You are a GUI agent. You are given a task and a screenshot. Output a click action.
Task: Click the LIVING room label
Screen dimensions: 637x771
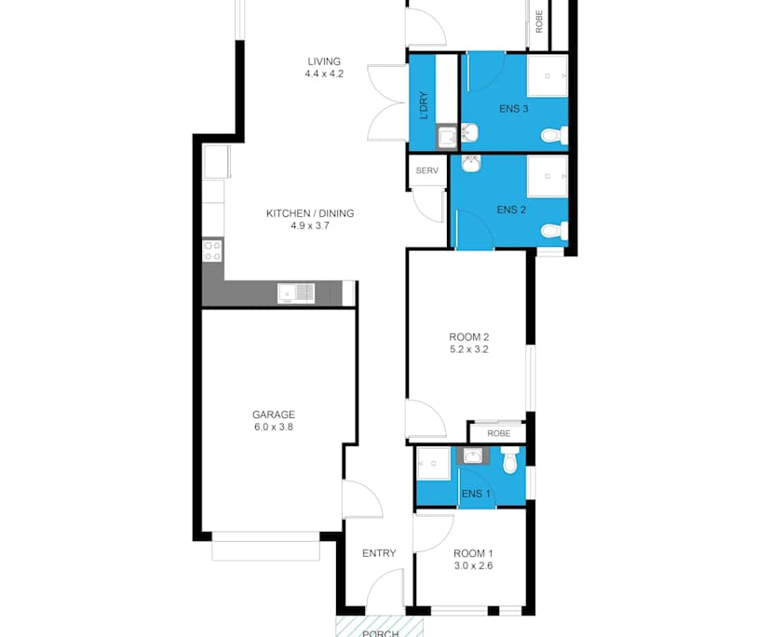324,61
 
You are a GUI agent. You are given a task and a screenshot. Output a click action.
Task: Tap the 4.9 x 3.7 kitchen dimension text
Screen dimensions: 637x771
310,225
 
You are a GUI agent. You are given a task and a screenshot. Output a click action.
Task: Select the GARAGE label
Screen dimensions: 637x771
274,414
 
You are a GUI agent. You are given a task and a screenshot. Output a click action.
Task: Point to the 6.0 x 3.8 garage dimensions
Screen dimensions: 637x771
274,427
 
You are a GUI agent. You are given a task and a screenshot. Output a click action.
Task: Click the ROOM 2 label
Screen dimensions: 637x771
468,337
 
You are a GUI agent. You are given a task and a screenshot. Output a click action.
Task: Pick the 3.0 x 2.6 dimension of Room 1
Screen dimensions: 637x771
473,565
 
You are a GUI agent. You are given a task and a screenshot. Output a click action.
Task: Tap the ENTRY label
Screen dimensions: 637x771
379,553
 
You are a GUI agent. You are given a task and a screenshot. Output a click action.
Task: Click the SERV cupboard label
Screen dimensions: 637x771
426,171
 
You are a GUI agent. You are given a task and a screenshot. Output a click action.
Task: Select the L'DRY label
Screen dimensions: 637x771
424,105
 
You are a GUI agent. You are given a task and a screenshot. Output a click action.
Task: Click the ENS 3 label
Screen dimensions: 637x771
513,109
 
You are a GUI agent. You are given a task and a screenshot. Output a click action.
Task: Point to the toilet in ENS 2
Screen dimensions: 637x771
554,230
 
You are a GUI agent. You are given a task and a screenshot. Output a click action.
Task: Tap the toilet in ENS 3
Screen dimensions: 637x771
554,136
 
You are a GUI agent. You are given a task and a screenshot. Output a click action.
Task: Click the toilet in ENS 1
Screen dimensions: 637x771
509,461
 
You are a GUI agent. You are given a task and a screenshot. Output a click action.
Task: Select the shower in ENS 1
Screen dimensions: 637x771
433,463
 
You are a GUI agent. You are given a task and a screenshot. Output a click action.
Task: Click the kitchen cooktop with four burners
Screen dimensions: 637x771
212,250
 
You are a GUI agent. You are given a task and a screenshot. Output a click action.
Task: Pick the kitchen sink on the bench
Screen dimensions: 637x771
296,294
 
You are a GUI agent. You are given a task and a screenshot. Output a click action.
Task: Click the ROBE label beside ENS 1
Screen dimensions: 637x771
495,434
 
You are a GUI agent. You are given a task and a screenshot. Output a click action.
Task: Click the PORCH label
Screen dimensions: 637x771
380,633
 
